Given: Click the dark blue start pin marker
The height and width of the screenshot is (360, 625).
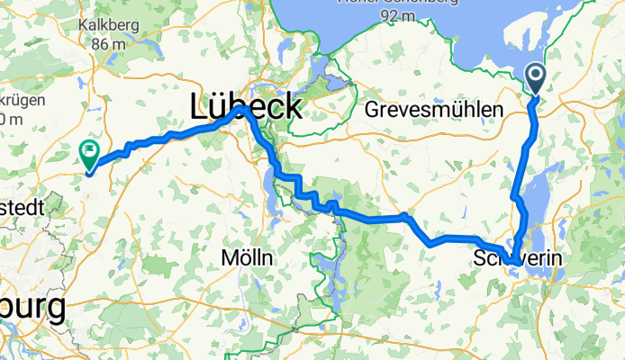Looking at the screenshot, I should pos(534,77).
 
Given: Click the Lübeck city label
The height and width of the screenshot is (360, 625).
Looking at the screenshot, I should pos(245,107).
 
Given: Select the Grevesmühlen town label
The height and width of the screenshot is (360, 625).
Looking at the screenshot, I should pos(435,110).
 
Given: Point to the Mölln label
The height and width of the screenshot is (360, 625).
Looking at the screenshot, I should pos(247,257).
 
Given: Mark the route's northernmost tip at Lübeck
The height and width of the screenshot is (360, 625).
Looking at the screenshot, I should pos(244,108).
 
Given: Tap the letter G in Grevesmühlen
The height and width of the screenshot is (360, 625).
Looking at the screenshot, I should pos(373,110).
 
